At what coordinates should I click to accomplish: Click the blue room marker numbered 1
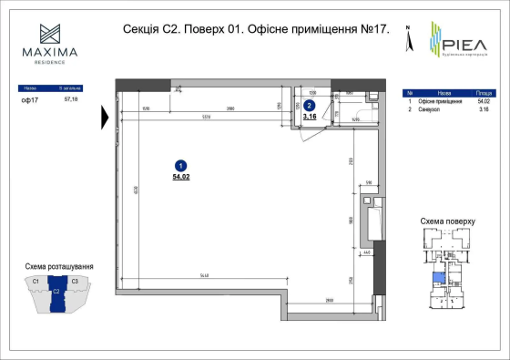tap(179, 166)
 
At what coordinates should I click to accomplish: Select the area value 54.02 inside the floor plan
tap(179, 177)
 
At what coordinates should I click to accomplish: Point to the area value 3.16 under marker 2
tap(309, 117)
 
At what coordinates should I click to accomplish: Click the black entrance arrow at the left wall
tap(107, 117)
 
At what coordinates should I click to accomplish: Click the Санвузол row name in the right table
tap(430, 109)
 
